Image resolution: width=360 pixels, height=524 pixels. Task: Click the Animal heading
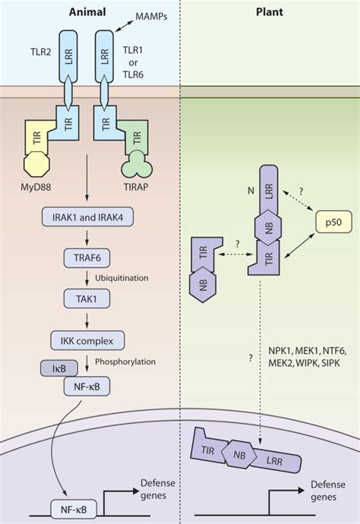pos(87,11)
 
